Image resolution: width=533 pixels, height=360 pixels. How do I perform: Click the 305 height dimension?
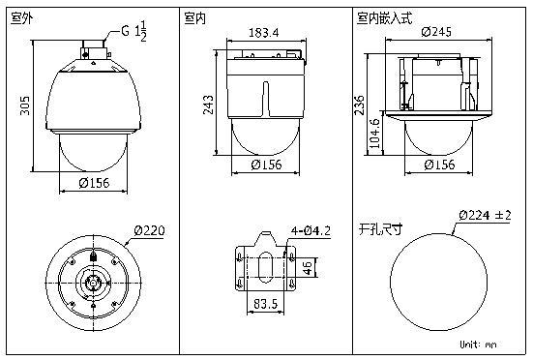coord(25,105)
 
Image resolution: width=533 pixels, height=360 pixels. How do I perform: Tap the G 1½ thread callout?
coord(134,31)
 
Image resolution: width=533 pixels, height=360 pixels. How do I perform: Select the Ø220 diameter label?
coord(149,230)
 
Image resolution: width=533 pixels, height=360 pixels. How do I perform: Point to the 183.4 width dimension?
coord(264,33)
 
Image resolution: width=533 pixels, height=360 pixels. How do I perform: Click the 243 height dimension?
coord(208,105)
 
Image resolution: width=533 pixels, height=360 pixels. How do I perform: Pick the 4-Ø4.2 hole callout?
coord(311,231)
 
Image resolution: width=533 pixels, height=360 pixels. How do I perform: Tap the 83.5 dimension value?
coord(265,304)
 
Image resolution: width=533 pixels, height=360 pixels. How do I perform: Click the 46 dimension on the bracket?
coord(307,267)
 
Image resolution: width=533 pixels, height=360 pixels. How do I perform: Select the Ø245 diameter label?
coord(436,32)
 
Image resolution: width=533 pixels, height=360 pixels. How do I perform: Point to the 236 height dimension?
coord(359,105)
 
